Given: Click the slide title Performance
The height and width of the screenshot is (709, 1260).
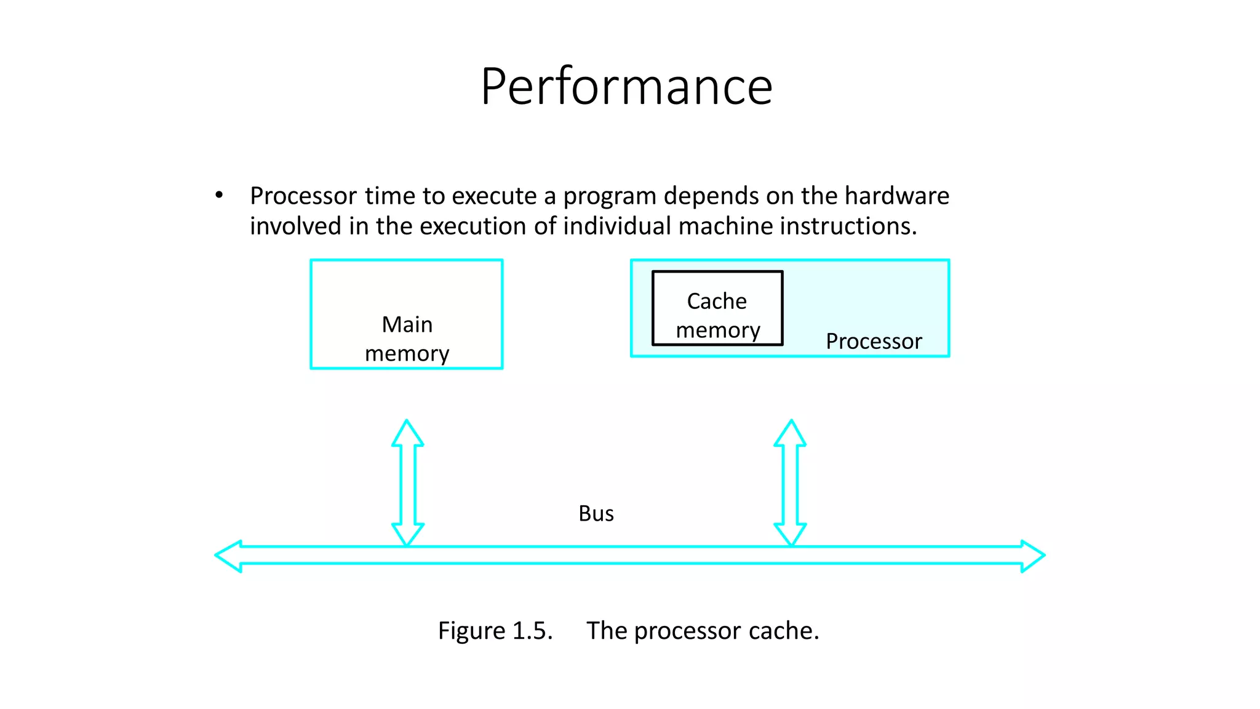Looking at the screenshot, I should (626, 87).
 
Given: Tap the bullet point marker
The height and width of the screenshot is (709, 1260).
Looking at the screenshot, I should (219, 196).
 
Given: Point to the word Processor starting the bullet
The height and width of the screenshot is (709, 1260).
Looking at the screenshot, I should (303, 196).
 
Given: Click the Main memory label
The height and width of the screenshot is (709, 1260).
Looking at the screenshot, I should (407, 338).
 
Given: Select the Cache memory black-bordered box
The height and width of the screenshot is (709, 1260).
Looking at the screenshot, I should (717, 308).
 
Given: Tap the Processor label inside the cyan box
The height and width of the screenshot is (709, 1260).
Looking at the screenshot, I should (874, 341).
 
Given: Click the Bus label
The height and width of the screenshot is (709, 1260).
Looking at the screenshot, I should (596, 513).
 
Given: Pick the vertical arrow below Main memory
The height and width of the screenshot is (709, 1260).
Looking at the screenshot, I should (407, 483).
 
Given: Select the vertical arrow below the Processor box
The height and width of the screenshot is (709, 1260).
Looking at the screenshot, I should (790, 483).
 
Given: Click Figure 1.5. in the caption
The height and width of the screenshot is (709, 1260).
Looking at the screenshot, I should (495, 631).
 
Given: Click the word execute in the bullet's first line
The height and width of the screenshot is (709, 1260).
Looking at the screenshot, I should (494, 196).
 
